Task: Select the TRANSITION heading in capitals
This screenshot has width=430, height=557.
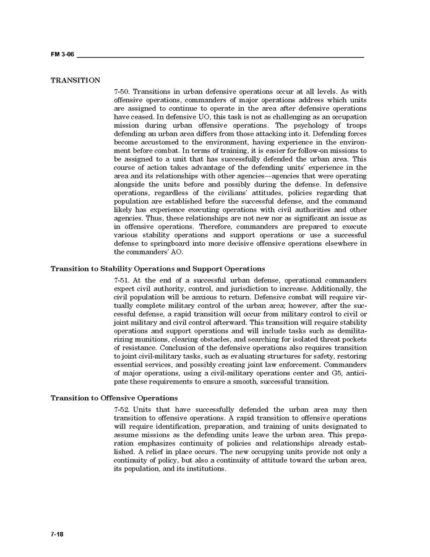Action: [x=75, y=81]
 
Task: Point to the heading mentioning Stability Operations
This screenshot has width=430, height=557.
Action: [x=157, y=269]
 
